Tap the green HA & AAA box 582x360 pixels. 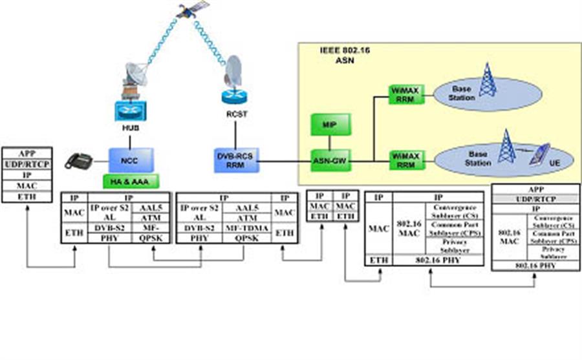tap(132, 182)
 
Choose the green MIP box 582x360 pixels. tap(330, 123)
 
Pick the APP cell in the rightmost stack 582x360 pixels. tap(534, 191)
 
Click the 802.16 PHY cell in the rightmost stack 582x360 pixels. tap(534, 265)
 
